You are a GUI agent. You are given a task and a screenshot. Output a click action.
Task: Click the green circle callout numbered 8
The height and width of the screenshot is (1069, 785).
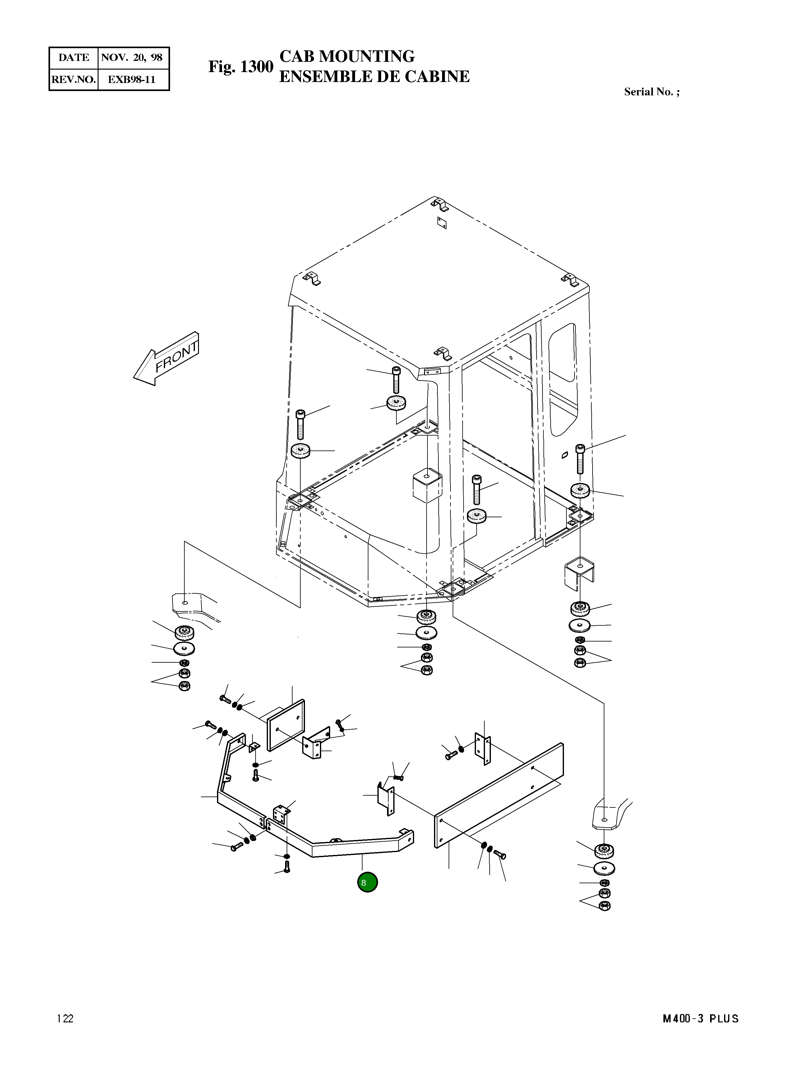(367, 882)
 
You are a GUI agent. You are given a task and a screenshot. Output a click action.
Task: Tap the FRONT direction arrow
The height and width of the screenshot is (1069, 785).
(167, 359)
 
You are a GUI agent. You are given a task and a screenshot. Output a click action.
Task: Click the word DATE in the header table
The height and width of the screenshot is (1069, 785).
(74, 58)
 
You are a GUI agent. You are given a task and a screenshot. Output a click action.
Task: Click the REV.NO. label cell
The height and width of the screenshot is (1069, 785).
(74, 79)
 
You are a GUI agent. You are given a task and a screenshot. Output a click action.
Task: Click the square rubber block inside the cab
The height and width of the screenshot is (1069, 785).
(427, 485)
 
